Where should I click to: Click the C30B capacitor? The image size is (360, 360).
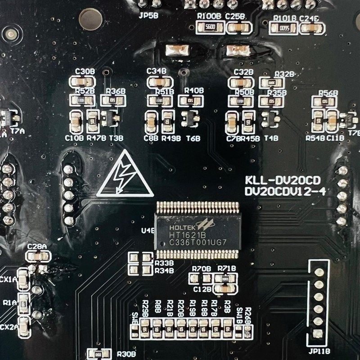pyautogui.click(x=83, y=82)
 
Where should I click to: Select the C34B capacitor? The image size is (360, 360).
pyautogui.click(x=160, y=82)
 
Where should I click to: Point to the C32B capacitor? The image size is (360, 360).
pyautogui.click(x=239, y=83)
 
